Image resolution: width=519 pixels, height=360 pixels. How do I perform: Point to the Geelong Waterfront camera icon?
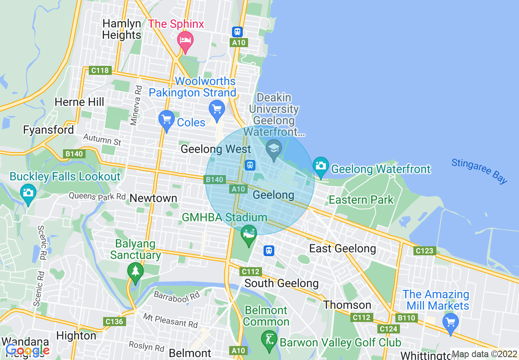tap(321, 166)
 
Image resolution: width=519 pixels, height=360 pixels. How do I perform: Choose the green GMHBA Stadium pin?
tap(248, 234)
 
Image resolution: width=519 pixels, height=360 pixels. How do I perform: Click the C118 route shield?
tap(100, 70)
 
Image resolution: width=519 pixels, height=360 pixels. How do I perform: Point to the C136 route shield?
tap(114, 321)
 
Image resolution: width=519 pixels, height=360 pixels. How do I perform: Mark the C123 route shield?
tap(424, 251)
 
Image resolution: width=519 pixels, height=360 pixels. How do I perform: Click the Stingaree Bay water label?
tap(479, 171)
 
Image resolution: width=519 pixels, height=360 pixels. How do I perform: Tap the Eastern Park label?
tap(361, 200)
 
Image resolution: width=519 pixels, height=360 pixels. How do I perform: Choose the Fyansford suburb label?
tap(48, 130)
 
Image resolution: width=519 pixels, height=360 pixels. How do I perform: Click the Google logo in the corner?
tap(27, 350)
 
